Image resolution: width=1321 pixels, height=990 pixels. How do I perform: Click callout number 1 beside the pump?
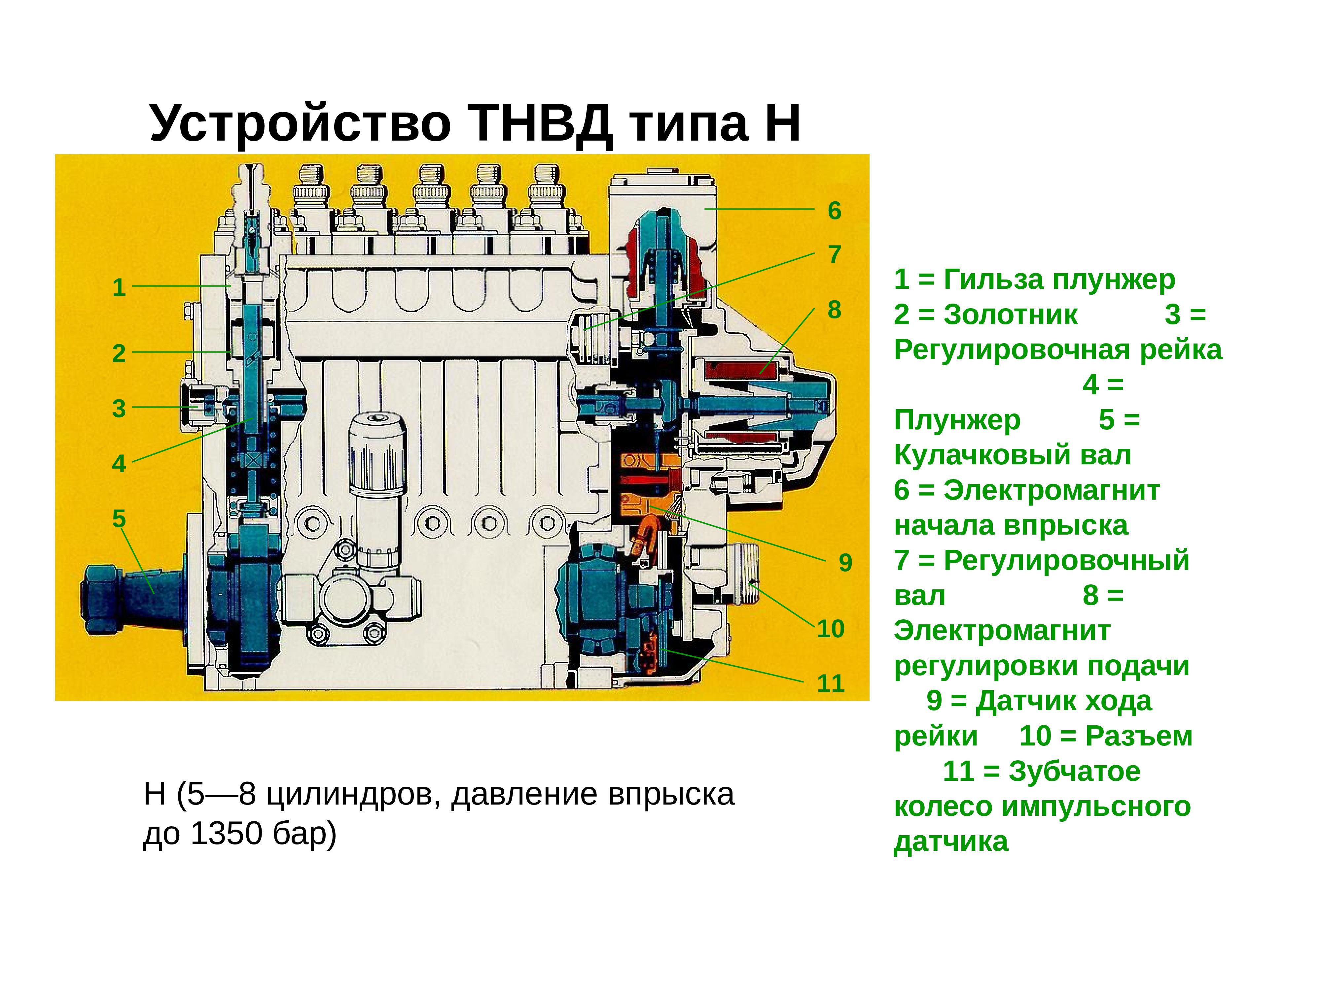[x=119, y=288]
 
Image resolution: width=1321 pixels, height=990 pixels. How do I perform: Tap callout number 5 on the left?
[x=119, y=518]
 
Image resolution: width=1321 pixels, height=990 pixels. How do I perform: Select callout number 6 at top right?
[x=834, y=211]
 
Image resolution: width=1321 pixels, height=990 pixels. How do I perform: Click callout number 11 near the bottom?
[x=831, y=683]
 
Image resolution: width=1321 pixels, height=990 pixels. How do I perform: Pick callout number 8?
[x=834, y=310]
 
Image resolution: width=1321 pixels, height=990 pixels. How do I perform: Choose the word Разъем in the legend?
[x=1139, y=736]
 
